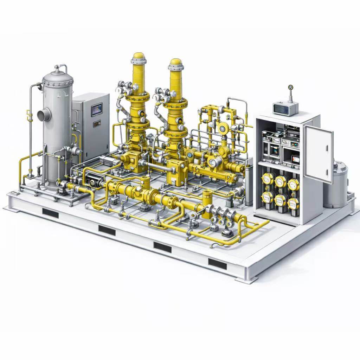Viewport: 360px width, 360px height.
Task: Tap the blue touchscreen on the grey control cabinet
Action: coord(96,110)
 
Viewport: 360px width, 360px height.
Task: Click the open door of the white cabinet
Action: coord(318,154)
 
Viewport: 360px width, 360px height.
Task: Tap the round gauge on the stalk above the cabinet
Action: coord(290,87)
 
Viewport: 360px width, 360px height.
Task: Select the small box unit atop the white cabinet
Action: coord(285,108)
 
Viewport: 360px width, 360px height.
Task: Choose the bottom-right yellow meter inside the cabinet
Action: coord(293,203)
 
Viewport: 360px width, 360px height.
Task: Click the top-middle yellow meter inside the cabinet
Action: coord(280,181)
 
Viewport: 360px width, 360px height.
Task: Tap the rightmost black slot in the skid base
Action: coord(217,263)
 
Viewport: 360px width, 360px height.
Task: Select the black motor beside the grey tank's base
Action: coord(92,182)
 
